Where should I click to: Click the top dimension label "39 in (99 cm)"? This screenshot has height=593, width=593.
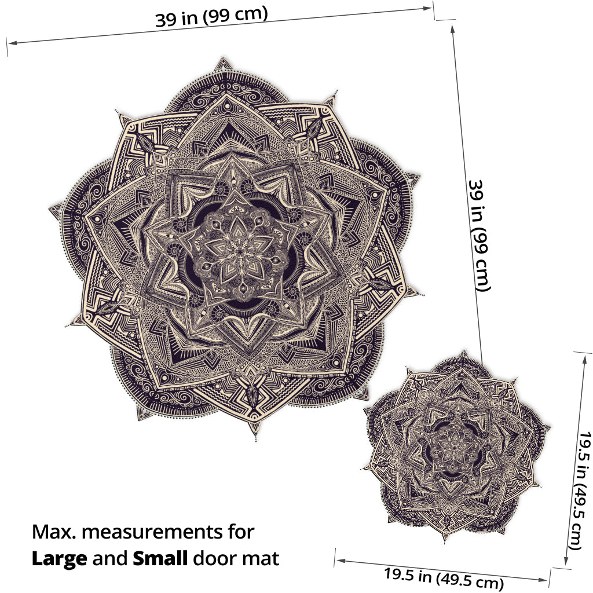pos(211,16)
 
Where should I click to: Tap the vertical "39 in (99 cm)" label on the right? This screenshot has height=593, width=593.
pos(479,235)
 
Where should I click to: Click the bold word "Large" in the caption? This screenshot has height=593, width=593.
pos(60,559)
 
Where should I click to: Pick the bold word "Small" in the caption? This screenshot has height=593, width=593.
pos(160,558)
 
